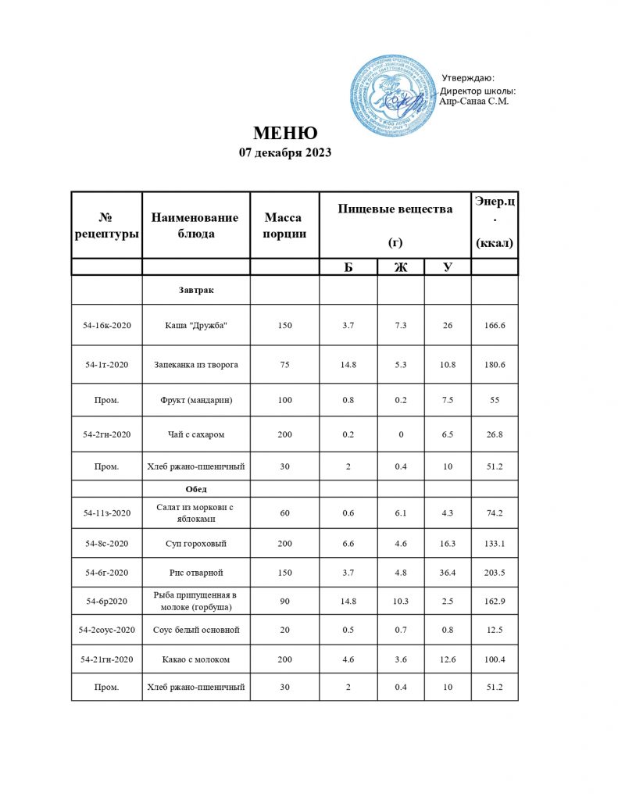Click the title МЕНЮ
pyautogui.click(x=284, y=132)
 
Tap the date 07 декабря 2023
pyautogui.click(x=284, y=152)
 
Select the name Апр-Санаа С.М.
pyautogui.click(x=475, y=101)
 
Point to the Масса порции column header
pyautogui.click(x=284, y=225)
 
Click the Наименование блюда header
pyautogui.click(x=195, y=225)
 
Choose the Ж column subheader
pyautogui.click(x=401, y=267)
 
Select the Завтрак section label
pyautogui.click(x=195, y=290)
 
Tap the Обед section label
pyautogui.click(x=195, y=488)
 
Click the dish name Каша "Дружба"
pyautogui.click(x=195, y=325)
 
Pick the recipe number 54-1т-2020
pyautogui.click(x=106, y=364)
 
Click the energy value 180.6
pyautogui.click(x=495, y=364)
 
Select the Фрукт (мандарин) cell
pyautogui.click(x=195, y=400)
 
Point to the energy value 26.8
pyautogui.click(x=495, y=434)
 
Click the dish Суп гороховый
pyautogui.click(x=195, y=543)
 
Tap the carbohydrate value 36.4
pyautogui.click(x=447, y=573)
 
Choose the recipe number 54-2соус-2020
pyautogui.click(x=106, y=629)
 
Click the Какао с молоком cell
pyautogui.click(x=195, y=660)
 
